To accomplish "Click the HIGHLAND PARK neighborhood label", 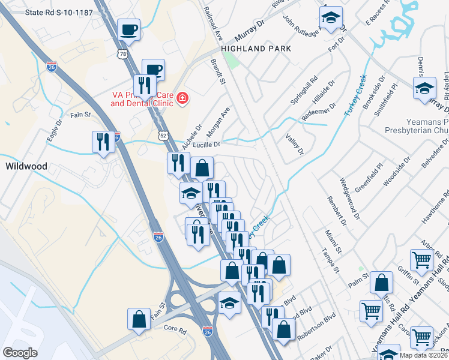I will [256, 49].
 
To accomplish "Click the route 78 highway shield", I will [123, 54].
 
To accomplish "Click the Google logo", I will [20, 353].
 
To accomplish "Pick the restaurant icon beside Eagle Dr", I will [103, 142].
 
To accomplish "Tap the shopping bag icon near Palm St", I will [382, 284].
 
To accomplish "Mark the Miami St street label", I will [334, 239].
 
